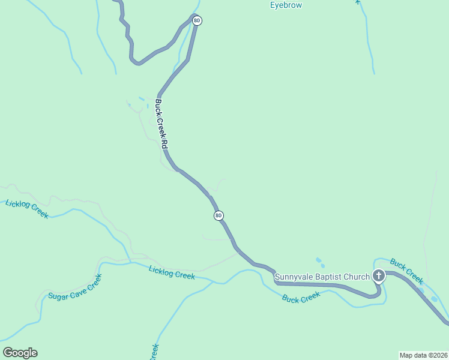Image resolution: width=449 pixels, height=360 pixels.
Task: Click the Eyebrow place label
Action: point(286,5)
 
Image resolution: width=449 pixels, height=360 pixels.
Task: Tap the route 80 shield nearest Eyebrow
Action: point(197,20)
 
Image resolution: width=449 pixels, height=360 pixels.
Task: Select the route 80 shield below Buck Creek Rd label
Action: point(218,215)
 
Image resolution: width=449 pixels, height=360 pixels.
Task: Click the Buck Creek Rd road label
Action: point(160,124)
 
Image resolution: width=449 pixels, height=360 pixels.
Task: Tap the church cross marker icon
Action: point(379,276)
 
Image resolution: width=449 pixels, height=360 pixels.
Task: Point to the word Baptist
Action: point(331,277)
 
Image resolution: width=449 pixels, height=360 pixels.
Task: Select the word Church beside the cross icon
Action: point(358,277)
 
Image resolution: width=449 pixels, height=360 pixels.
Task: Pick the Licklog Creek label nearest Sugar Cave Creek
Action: point(172,272)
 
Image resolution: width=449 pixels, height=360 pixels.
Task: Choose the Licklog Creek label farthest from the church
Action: point(26,209)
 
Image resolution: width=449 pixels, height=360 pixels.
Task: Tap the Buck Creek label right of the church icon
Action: point(406,271)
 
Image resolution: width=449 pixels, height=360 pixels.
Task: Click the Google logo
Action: point(20,353)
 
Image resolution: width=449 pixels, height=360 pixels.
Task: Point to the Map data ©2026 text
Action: point(423,355)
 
